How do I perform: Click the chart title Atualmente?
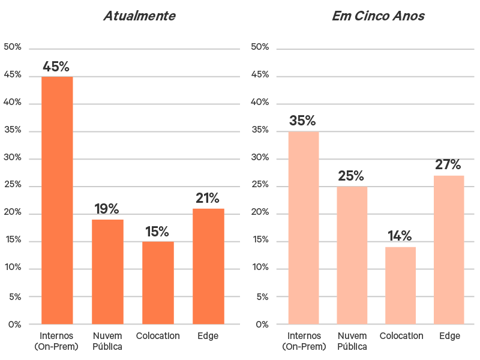pyautogui.click(x=139, y=16)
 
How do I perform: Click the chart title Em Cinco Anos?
pyautogui.click(x=378, y=16)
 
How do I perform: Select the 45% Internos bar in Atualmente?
pyautogui.click(x=57, y=200)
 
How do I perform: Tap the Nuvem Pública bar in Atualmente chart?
pyautogui.click(x=107, y=272)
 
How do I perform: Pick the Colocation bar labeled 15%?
pyautogui.click(x=158, y=283)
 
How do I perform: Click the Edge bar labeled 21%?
pyautogui.click(x=208, y=266)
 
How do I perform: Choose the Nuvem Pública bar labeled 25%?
pyautogui.click(x=352, y=256)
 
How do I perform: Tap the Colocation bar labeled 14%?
pyautogui.click(x=400, y=286)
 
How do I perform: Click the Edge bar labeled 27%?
pyautogui.click(x=449, y=250)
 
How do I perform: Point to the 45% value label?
pyautogui.click(x=56, y=67)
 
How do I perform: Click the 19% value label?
pyautogui.click(x=107, y=209)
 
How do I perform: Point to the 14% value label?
pyautogui.click(x=400, y=236)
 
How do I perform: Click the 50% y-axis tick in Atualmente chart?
pyautogui.click(x=13, y=47)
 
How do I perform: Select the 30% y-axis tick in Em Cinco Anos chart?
pyautogui.click(x=260, y=158)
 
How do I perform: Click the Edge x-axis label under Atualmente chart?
pyautogui.click(x=208, y=336)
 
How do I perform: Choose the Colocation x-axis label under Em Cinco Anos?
pyautogui.click(x=401, y=336)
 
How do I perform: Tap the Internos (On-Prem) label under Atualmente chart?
pyautogui.click(x=56, y=341)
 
